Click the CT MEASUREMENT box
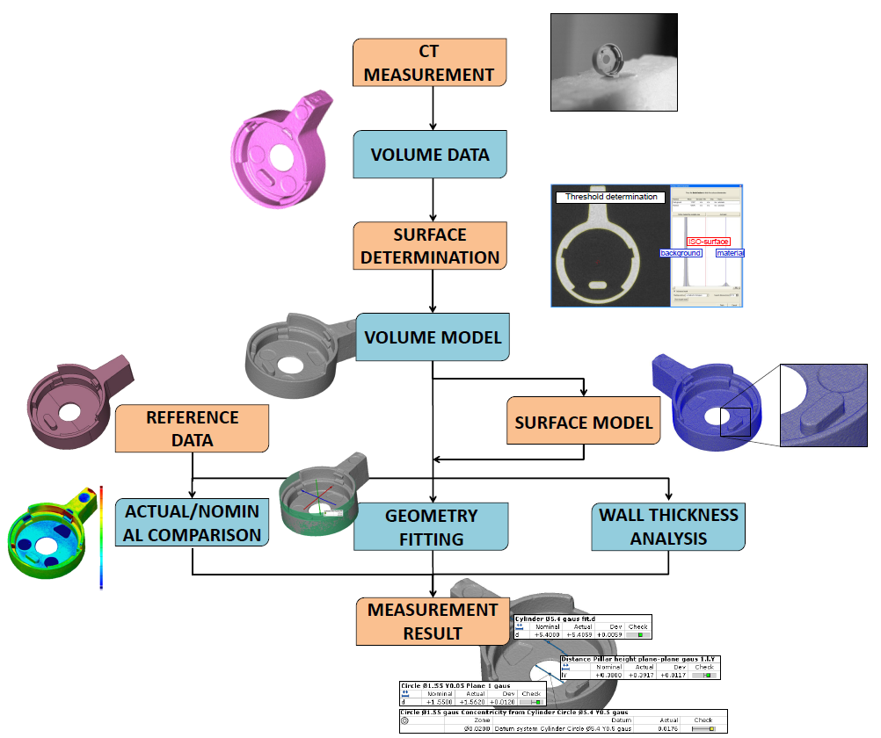coord(431,62)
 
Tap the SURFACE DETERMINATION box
coord(431,246)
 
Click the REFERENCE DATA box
coord(192,429)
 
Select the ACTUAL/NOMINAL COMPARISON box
coord(192,524)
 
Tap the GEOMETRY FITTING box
coord(431,527)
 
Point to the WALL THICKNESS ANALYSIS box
coord(669,525)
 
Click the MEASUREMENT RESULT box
coord(431,620)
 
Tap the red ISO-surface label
coord(709,242)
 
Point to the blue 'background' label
coord(681,253)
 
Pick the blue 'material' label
coord(730,253)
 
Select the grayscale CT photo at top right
coord(614,61)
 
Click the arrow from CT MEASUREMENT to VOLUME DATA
coord(432,109)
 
